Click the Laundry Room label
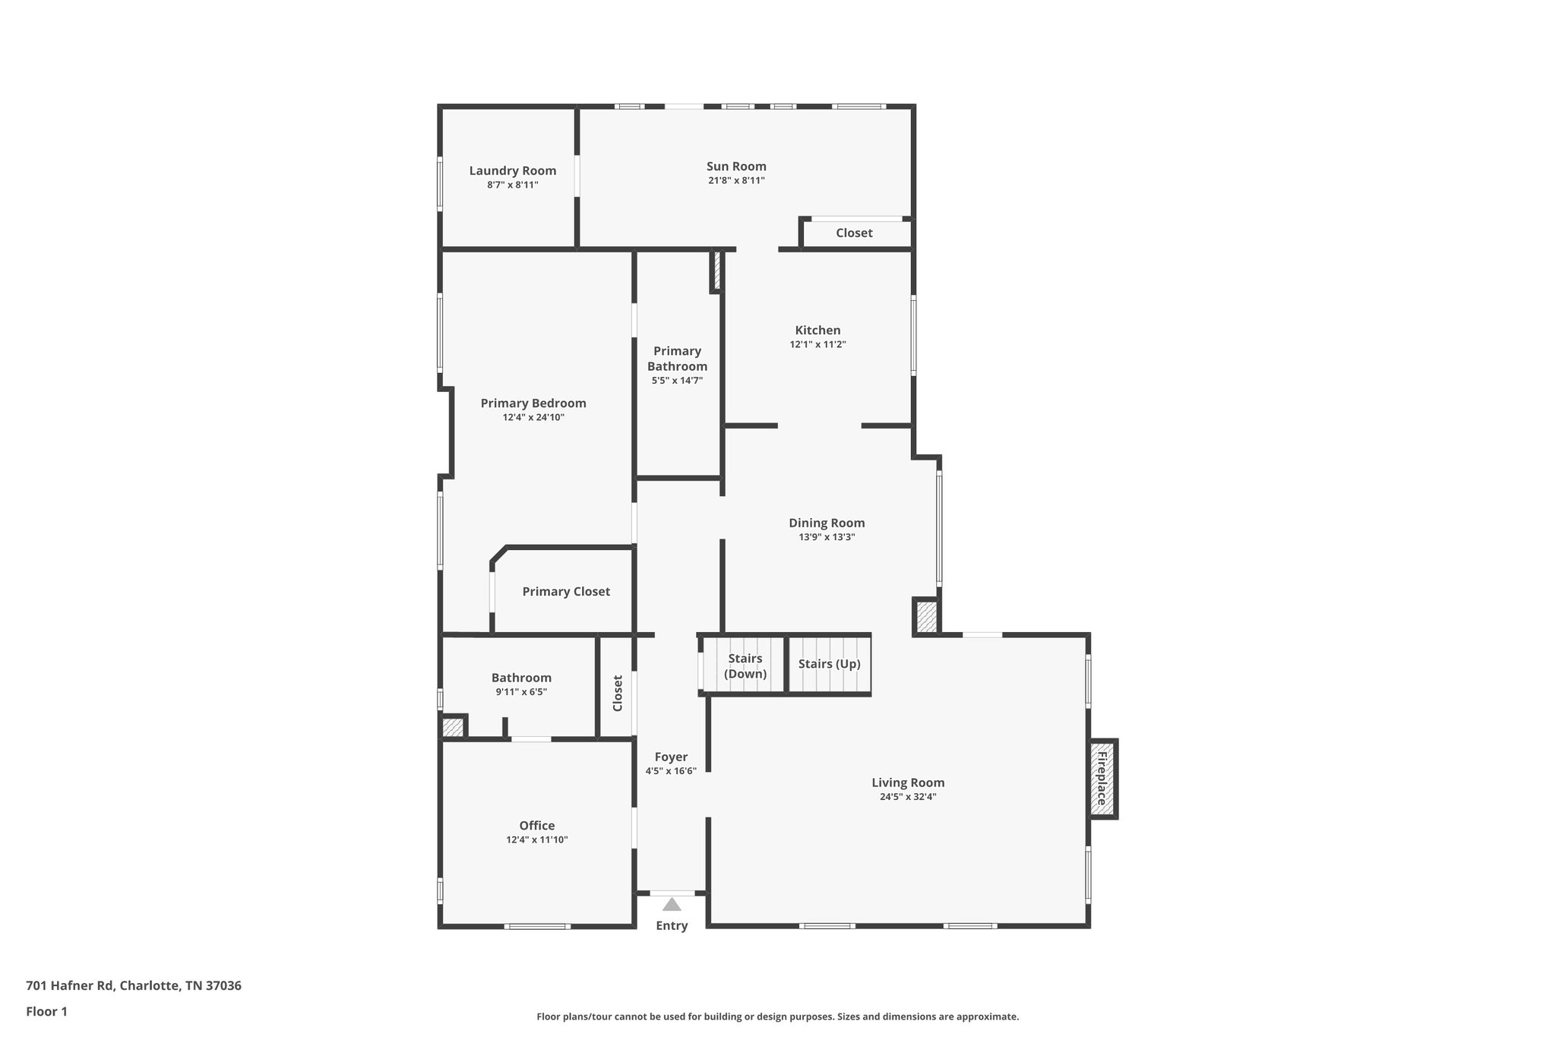(512, 171)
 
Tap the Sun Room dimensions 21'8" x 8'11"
(735, 181)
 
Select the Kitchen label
(818, 330)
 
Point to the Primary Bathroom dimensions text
(677, 381)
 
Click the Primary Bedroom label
(533, 403)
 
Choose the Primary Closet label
(566, 592)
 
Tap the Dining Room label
(827, 523)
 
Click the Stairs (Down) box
(745, 666)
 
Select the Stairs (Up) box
(829, 664)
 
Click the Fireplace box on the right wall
(1102, 779)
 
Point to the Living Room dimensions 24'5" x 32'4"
(908, 797)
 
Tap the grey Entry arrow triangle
(672, 904)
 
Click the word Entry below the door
(672, 925)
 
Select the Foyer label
(671, 757)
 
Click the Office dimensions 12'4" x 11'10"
(537, 839)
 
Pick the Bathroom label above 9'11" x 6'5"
(521, 678)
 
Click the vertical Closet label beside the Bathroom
(618, 693)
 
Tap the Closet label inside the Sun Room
(854, 233)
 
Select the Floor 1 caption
(46, 1012)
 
